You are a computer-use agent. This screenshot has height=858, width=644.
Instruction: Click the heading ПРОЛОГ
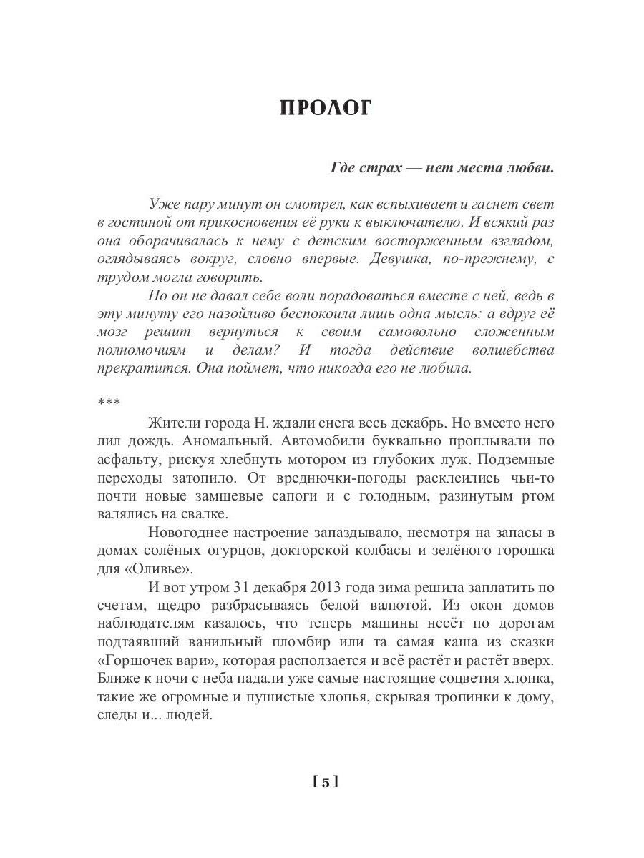[326, 108]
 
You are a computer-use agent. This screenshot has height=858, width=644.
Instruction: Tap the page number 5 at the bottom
[325, 781]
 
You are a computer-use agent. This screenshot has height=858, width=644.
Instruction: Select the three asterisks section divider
[104, 402]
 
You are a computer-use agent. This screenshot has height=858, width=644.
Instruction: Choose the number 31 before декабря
[242, 587]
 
